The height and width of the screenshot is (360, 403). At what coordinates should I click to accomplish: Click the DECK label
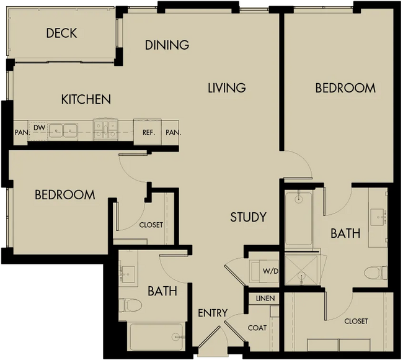[61, 33]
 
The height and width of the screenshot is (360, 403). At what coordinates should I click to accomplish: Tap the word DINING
[167, 45]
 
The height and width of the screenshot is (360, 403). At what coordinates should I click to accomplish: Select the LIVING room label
[227, 88]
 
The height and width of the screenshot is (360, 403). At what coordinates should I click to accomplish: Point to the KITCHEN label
[86, 99]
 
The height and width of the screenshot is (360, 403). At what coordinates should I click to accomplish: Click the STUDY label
[248, 217]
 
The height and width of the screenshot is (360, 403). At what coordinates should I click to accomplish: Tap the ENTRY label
[213, 313]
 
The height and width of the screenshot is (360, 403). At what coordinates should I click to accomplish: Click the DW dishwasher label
[39, 127]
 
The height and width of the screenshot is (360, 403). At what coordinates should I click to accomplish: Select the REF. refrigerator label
[149, 133]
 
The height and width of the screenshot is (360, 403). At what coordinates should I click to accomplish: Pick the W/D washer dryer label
[270, 271]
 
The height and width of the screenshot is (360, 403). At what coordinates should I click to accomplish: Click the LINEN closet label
[265, 299]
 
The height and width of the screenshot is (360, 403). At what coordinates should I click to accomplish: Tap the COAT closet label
[257, 328]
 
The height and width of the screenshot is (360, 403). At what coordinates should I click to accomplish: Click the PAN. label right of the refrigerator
[174, 133]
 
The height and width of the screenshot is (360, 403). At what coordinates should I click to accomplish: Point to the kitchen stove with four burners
[105, 130]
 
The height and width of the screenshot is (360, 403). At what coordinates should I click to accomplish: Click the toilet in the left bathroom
[130, 305]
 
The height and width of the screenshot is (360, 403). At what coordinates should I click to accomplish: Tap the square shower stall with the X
[301, 270]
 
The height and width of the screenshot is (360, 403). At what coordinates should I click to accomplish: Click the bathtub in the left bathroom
[156, 336]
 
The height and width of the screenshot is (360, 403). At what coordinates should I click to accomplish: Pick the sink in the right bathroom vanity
[378, 217]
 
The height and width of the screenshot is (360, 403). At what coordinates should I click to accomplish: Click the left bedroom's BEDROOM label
[64, 195]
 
